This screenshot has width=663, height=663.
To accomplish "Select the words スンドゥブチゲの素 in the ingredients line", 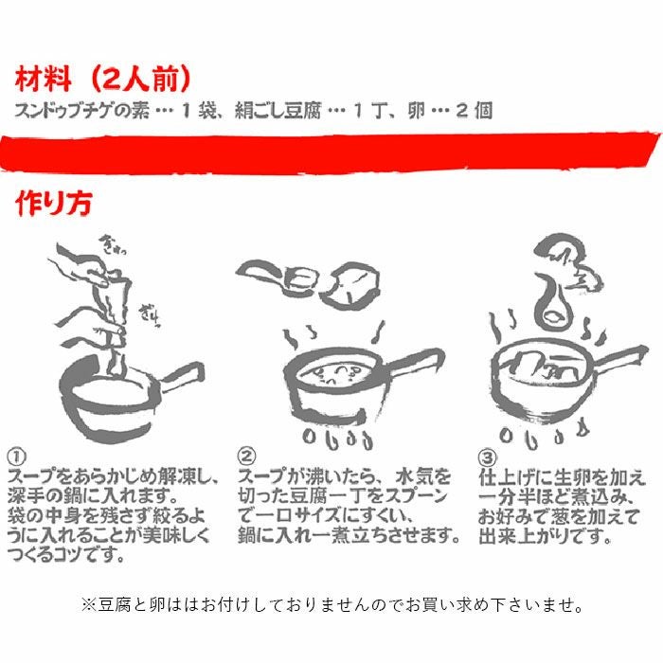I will click(x=81, y=110).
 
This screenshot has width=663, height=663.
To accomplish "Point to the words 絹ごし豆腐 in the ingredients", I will click(x=276, y=110).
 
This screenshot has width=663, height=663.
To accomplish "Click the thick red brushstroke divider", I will click(x=331, y=152).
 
